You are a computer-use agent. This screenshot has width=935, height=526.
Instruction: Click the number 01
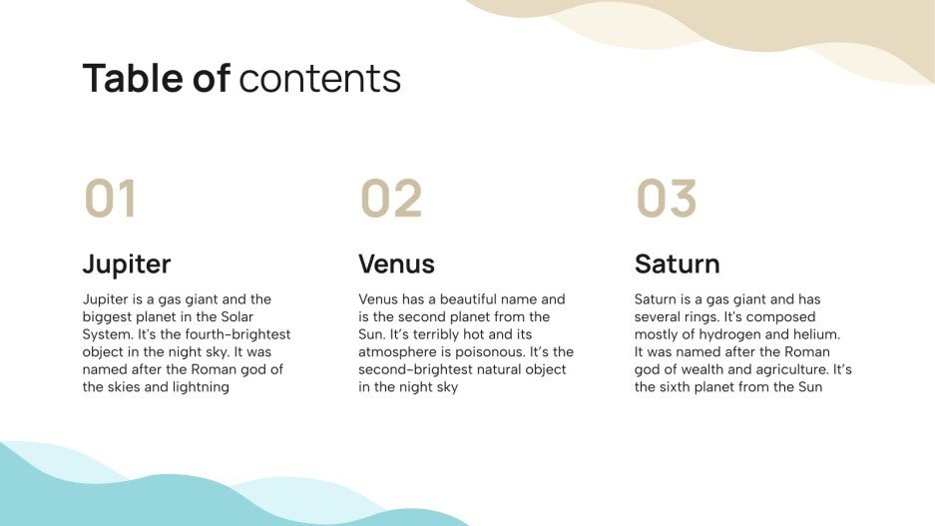tap(110, 199)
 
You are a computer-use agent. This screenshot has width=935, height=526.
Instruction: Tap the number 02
tap(391, 199)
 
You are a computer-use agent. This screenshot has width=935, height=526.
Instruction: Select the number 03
tap(667, 199)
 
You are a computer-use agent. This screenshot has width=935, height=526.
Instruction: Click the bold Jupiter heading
tap(127, 264)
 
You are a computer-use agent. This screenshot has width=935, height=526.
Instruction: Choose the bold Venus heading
tap(396, 264)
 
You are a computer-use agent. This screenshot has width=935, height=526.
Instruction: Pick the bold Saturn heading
tap(677, 264)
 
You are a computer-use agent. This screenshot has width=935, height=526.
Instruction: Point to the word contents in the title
tap(320, 78)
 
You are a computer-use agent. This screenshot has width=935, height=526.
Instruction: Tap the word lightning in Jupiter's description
tap(199, 387)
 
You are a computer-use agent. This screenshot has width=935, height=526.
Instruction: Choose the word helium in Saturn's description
tap(815, 334)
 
